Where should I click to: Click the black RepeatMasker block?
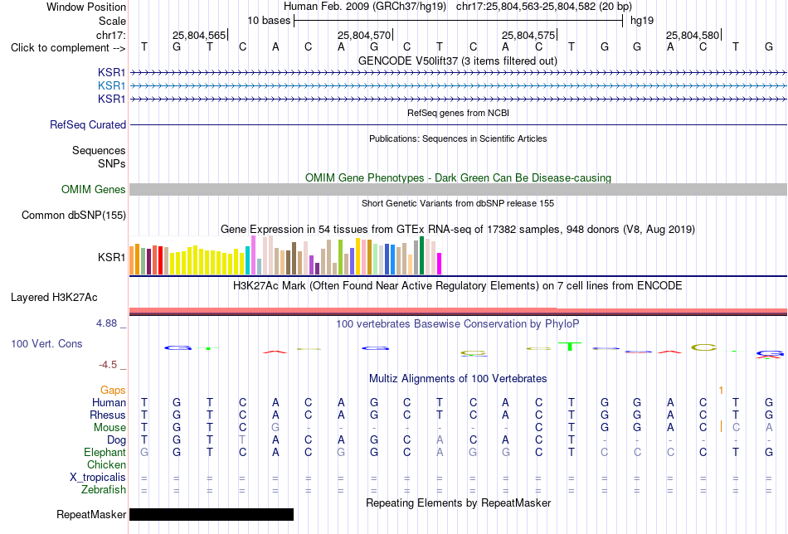coord(212,514)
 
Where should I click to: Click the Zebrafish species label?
coord(104,490)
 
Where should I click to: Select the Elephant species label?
coord(105,453)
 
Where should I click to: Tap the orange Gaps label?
coord(113,391)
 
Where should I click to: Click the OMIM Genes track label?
coord(94,189)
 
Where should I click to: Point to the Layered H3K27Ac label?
coord(54,298)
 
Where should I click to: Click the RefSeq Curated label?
coord(88,124)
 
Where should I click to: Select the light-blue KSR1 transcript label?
coord(112,86)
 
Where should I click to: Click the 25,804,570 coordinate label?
coord(364,35)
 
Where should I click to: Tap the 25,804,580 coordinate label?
coord(693,35)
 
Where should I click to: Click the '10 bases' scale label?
coord(269,21)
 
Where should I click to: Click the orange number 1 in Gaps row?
coord(721,391)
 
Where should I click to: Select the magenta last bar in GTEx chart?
coord(440,264)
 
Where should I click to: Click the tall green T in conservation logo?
coord(570,347)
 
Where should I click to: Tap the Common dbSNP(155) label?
coord(74,215)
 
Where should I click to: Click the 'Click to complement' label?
coord(68,48)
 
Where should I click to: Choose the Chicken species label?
coord(106,465)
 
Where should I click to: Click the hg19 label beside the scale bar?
coord(642,21)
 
